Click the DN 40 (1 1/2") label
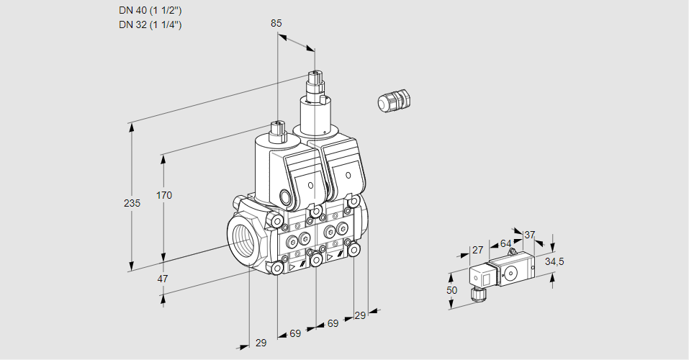(150, 10)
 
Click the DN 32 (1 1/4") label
(150, 24)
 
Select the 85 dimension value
(276, 23)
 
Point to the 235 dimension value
(132, 204)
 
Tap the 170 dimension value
(164, 195)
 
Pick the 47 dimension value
(163, 279)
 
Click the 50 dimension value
(451, 289)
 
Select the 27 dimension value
(477, 250)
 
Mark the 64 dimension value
(505, 243)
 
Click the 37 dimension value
(530, 235)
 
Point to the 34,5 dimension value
(554, 261)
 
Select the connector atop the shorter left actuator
(278, 130)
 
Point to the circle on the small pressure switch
(510, 272)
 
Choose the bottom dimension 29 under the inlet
(261, 343)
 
